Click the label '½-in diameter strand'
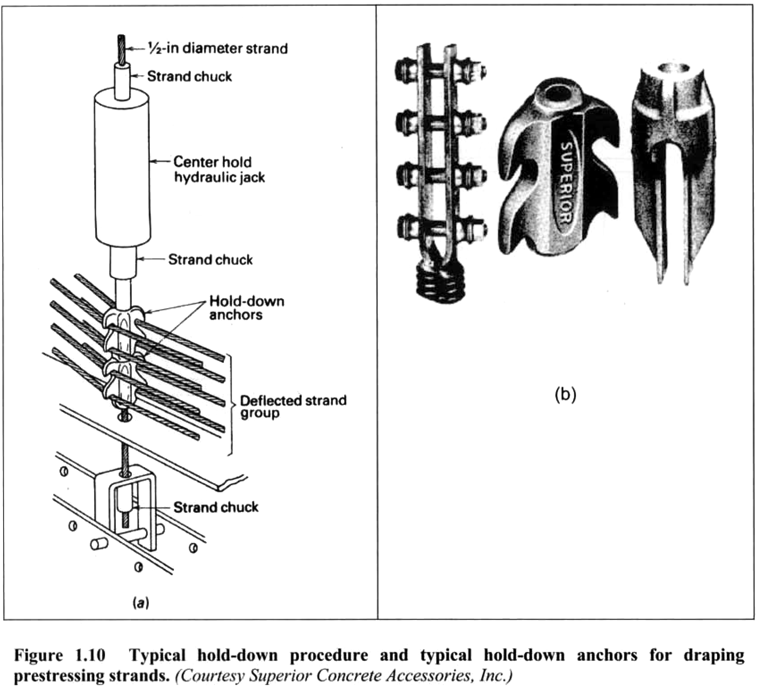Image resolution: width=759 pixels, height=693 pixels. (218, 48)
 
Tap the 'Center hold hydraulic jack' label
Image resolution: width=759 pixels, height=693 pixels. (219, 170)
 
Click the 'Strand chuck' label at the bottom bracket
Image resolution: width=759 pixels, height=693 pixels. (215, 507)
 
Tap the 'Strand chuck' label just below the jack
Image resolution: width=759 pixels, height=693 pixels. (210, 259)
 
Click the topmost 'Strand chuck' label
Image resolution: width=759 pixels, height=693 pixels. (190, 76)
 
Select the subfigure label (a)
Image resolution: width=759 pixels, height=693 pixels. (141, 604)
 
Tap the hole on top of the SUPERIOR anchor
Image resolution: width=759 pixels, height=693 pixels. (557, 95)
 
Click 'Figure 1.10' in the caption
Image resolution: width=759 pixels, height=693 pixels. (59, 655)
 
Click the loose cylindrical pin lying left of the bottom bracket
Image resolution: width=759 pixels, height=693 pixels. (99, 543)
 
